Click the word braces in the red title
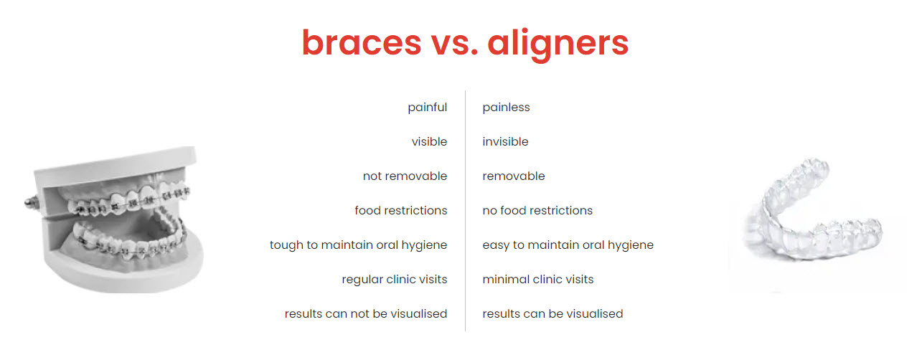362,42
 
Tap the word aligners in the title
558,45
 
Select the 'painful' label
427,107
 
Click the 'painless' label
507,107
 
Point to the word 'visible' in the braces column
429,141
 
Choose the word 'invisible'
505,141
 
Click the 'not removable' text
405,176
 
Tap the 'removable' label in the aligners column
514,176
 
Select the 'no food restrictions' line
537,210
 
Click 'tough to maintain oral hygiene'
359,245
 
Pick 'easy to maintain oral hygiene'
568,245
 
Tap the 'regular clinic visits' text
395,280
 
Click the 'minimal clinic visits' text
538,280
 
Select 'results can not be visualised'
366,313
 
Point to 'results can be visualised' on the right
552,313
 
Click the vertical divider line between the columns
465,211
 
